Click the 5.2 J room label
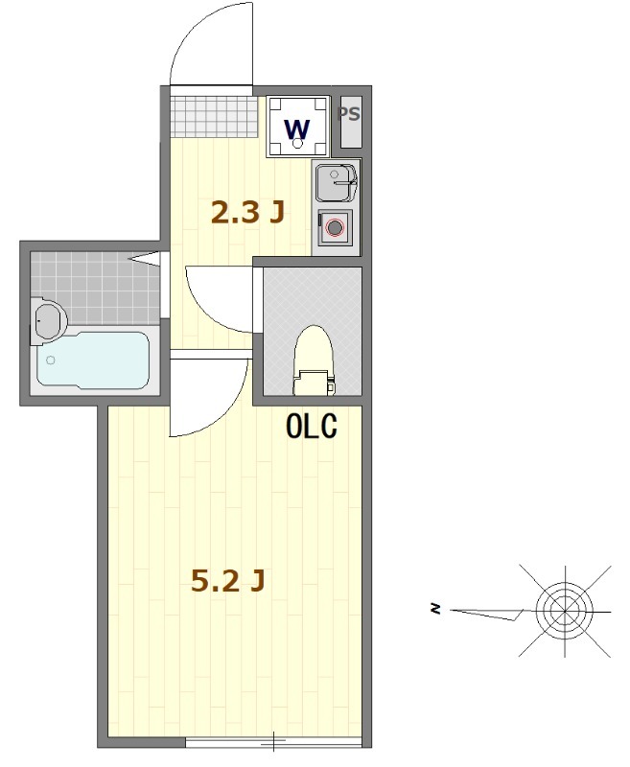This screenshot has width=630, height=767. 227,581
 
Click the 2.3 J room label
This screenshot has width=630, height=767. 247,212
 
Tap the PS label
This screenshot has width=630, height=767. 350,114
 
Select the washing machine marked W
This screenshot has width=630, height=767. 297,128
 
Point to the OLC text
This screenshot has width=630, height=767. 312,427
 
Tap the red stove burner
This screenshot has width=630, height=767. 334,228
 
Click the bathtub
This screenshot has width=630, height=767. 93,360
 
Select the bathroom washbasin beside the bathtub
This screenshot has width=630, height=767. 45,319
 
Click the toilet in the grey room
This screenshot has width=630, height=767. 312,361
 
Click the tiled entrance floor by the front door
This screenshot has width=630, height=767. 210,114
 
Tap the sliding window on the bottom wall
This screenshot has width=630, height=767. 273,741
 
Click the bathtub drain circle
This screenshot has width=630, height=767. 50,360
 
